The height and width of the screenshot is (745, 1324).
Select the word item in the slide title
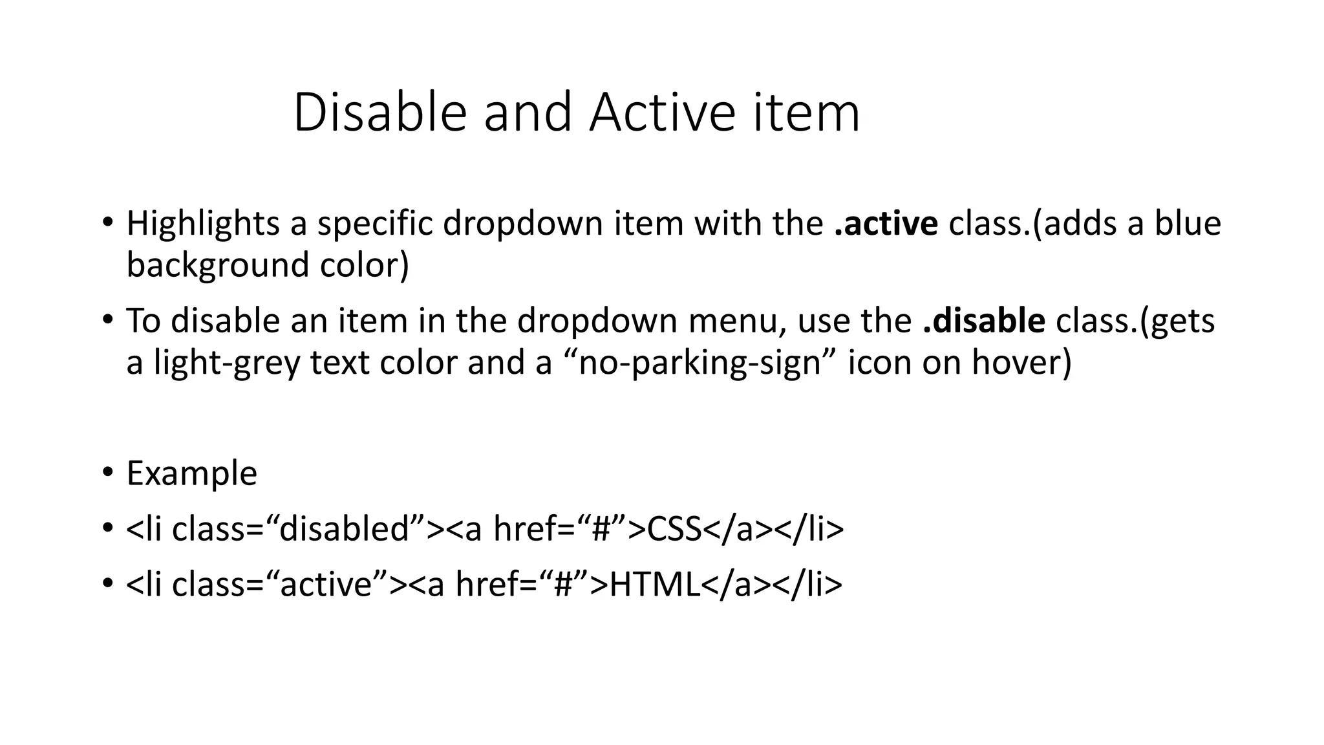click(x=806, y=113)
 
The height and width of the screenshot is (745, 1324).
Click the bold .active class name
click(x=886, y=224)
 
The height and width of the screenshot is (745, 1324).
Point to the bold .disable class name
click(x=984, y=321)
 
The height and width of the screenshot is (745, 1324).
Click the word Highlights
click(x=203, y=224)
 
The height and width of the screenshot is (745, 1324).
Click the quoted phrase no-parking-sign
click(x=700, y=362)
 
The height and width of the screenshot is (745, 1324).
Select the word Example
click(x=191, y=473)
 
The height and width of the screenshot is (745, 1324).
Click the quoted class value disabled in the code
click(x=353, y=529)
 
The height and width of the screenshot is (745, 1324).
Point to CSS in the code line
click(x=674, y=529)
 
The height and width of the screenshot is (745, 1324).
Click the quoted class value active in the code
click(x=334, y=585)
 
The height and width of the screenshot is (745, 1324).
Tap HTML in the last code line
click(x=655, y=585)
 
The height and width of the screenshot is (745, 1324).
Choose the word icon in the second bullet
click(x=880, y=362)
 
